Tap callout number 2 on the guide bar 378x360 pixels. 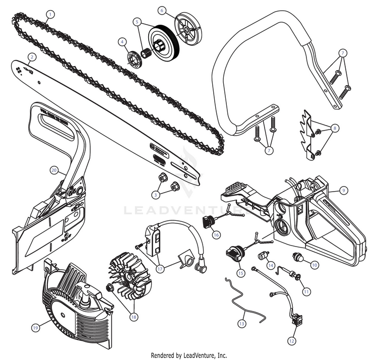pos(31,57)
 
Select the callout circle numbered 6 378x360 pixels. pos(162,10)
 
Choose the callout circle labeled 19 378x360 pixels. pos(35,327)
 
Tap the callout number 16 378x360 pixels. pos(216,234)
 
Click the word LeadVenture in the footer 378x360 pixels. pos(199,355)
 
